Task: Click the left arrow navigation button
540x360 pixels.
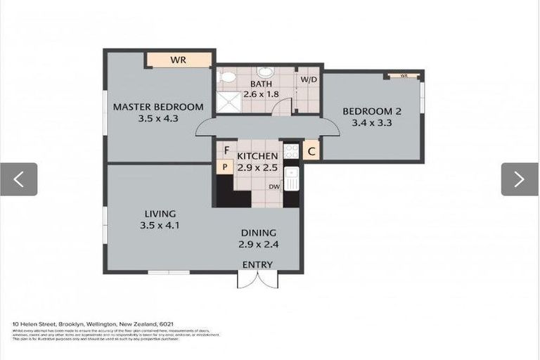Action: point(18,179)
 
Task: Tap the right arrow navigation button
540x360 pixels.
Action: point(519,179)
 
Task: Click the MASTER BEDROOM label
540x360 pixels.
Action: point(158,107)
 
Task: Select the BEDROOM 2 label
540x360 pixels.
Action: point(371,111)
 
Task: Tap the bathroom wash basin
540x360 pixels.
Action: point(265,72)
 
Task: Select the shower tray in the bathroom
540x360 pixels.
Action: point(228,103)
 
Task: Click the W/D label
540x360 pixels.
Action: point(309,79)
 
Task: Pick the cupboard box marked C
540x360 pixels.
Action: point(311,150)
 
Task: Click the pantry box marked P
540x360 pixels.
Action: point(224,167)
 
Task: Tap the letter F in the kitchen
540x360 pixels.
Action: point(226,150)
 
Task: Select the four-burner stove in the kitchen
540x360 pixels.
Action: point(291,150)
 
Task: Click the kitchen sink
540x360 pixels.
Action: point(292,179)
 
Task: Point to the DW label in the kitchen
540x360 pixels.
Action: point(275,187)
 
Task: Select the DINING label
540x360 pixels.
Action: point(259,233)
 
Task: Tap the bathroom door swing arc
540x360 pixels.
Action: point(282,108)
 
